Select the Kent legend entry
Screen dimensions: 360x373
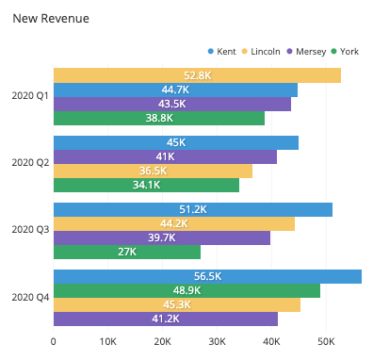click(222, 51)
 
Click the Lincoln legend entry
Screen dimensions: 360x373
click(266, 51)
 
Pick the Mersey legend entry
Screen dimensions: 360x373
click(309, 51)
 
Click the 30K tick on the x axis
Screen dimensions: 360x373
click(217, 341)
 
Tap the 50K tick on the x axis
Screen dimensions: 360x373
click(326, 341)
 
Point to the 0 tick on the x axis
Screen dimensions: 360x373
click(54, 341)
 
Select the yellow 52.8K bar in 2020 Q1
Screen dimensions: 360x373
click(197, 75)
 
